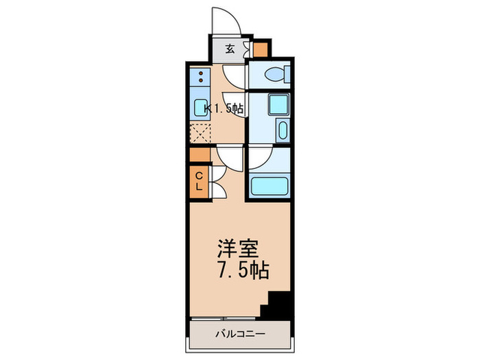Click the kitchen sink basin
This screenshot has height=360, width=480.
pyautogui.click(x=201, y=108)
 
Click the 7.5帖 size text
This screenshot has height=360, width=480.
pyautogui.click(x=240, y=269)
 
